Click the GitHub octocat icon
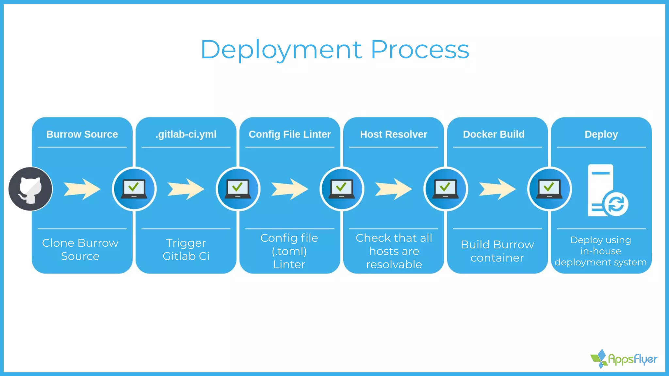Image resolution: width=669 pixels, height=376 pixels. [x=30, y=189]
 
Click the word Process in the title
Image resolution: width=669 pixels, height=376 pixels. [x=420, y=50]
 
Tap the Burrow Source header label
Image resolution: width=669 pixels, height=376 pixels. [x=82, y=134]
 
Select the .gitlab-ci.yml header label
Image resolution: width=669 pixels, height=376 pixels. [x=186, y=134]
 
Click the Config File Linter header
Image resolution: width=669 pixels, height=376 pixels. [x=290, y=134]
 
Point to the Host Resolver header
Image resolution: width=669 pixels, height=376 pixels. [x=393, y=134]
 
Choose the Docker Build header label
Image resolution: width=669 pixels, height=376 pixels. [x=494, y=134]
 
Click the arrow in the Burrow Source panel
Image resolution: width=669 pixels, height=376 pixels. [x=82, y=189]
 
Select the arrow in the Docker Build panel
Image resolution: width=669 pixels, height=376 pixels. [x=498, y=189]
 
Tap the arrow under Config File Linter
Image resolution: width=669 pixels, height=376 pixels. [x=290, y=189]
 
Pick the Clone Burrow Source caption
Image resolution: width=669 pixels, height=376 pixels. [x=80, y=249]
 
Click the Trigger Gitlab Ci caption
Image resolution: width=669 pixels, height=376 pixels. [x=186, y=249]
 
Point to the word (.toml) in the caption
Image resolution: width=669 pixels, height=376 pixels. [x=289, y=251]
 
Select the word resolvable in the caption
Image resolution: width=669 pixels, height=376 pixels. [x=394, y=264]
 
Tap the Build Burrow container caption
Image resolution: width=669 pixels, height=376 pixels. [x=497, y=251]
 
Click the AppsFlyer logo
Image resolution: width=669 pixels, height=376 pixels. [x=624, y=359]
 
